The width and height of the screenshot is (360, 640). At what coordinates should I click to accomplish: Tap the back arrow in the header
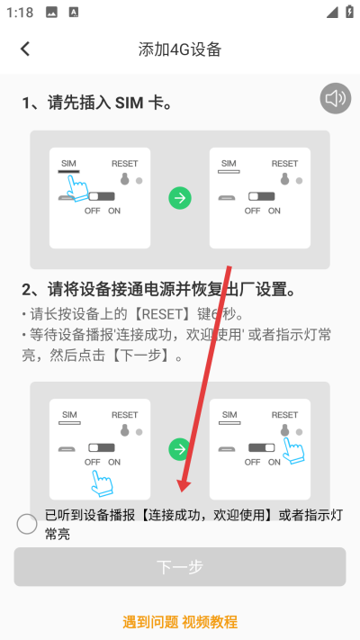pos(25,50)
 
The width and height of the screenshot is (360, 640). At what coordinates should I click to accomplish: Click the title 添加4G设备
pos(180,50)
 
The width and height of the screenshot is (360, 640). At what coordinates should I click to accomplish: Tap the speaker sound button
pos(336,99)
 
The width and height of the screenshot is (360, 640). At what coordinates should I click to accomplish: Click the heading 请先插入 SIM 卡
pos(97,104)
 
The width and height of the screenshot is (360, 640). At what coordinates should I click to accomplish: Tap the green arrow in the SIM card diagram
pos(180,198)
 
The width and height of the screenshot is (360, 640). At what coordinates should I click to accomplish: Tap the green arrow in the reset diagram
pos(180,447)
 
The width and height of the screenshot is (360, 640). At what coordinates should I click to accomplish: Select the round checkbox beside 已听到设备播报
pos(27,524)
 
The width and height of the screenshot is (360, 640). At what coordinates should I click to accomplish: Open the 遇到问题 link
pos(149,621)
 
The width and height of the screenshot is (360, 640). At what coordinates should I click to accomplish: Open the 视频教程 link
pos(210,621)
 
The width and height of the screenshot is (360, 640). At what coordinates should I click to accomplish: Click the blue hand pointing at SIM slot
pos(78,187)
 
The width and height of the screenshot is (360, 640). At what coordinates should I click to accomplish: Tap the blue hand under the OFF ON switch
pos(102,482)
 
